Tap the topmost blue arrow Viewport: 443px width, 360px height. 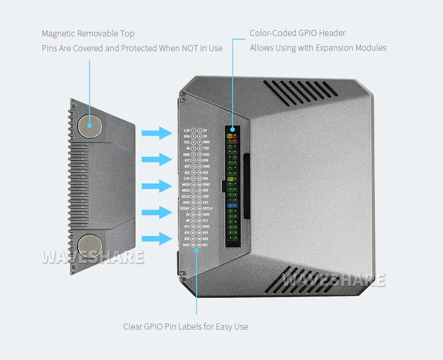coord(158,133)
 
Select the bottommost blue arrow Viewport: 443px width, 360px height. coord(158,239)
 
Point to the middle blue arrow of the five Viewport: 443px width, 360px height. coord(158,186)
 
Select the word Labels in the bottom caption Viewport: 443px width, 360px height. coord(187,326)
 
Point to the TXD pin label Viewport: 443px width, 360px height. coord(206,148)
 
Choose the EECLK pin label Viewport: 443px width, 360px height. coord(208,208)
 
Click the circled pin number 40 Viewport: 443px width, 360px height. coord(199,244)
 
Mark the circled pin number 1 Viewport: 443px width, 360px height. coord(193,131)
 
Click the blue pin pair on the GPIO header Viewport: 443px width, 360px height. coord(233,205)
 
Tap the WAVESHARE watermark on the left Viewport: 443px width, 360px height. coord(93,258)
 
